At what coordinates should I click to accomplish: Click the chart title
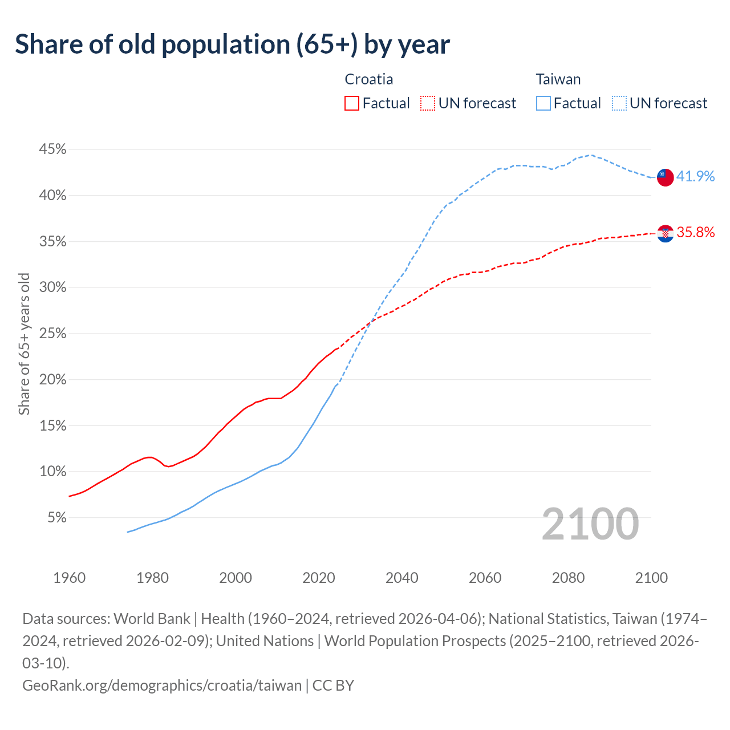click(x=232, y=44)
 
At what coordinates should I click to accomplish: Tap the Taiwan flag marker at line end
click(x=665, y=177)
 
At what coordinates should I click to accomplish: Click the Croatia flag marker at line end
click(x=665, y=233)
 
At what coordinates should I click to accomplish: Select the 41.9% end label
click(x=695, y=177)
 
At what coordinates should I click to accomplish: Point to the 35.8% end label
click(x=695, y=233)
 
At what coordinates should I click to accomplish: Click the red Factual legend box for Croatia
click(x=352, y=103)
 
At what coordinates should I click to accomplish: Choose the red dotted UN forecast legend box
click(x=428, y=103)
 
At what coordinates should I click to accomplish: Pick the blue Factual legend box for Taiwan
click(x=543, y=103)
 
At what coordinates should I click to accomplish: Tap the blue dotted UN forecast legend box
click(x=619, y=103)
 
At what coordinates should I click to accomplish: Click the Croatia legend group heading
click(x=369, y=79)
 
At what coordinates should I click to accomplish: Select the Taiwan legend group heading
click(x=558, y=79)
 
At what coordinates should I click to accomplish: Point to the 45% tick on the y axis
click(x=52, y=149)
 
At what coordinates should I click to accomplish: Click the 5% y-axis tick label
click(x=56, y=518)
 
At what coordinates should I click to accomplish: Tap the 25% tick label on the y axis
click(x=52, y=334)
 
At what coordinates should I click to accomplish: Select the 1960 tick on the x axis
click(x=69, y=578)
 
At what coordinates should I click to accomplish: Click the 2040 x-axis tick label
click(x=402, y=578)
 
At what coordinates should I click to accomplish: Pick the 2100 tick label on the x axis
click(x=651, y=578)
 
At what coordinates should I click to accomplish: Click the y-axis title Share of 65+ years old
click(x=24, y=344)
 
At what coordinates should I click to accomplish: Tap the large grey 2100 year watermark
click(x=590, y=524)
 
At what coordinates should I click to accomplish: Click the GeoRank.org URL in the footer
click(x=162, y=685)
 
